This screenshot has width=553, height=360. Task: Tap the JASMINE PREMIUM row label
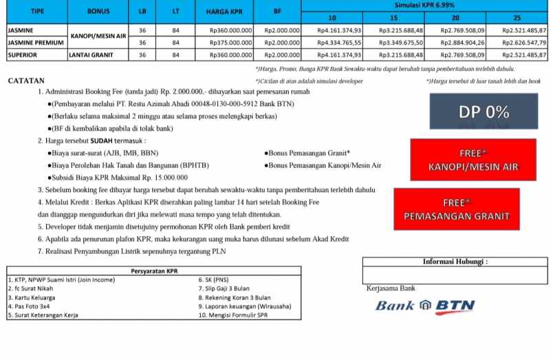35,43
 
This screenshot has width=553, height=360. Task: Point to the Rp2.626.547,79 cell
523,43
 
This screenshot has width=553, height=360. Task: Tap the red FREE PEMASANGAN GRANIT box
457,209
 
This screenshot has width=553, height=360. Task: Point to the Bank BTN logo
420,305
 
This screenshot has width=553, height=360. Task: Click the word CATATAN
26,81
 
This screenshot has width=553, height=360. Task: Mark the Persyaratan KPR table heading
153,271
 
